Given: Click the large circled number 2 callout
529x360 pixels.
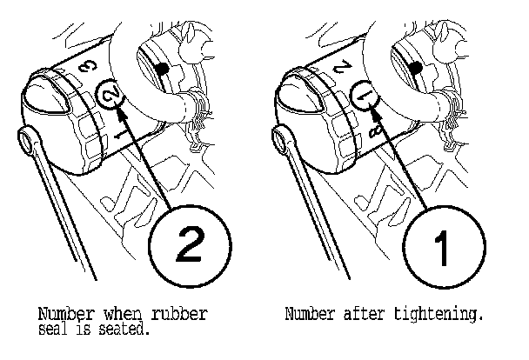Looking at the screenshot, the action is [x=191, y=246].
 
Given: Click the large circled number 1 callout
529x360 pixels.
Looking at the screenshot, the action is [x=444, y=247].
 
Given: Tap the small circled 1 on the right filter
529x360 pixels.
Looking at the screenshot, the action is [x=365, y=95].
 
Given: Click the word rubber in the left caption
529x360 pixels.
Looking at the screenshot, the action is [x=179, y=314].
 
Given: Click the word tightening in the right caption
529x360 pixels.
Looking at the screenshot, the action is [x=439, y=315].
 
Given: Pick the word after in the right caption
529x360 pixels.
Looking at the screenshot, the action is [x=365, y=314].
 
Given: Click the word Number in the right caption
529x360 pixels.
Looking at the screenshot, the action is [x=311, y=314].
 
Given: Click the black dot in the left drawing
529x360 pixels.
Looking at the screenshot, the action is [x=163, y=69].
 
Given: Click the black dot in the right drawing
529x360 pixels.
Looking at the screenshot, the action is [x=416, y=68].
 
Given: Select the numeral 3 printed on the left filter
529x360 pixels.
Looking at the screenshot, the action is [x=88, y=66].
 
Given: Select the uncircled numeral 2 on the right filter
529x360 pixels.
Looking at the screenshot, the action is [x=342, y=66].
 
